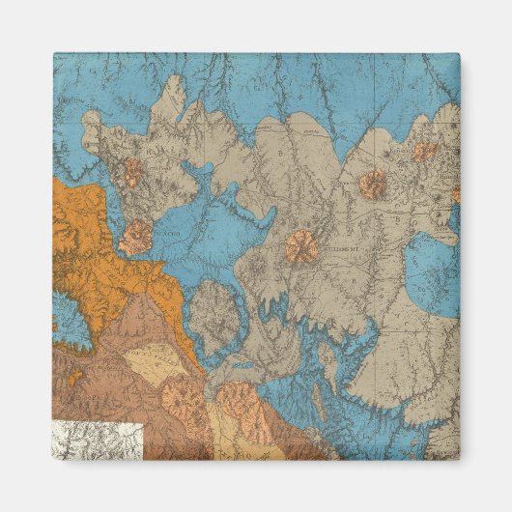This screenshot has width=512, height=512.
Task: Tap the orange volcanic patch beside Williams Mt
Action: click(x=300, y=247)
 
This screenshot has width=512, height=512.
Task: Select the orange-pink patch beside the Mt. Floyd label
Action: click(x=137, y=237)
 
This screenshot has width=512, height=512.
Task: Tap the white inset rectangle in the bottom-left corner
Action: click(x=98, y=441)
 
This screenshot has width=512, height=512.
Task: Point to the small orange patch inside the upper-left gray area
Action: click(x=129, y=174)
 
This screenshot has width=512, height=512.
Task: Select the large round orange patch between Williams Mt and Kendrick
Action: click(x=373, y=185)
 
